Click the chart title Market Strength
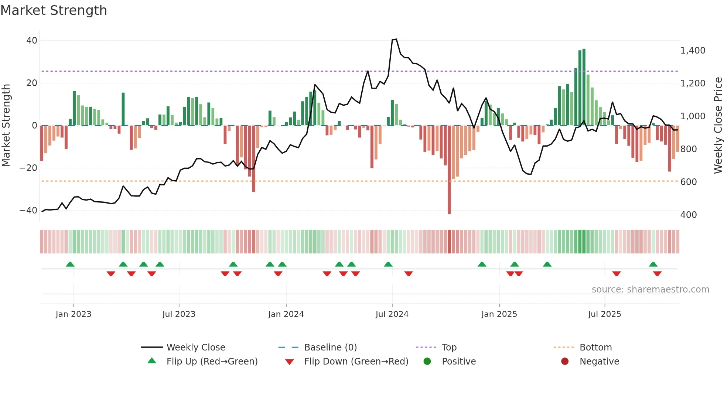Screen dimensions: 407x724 [x=54, y=10]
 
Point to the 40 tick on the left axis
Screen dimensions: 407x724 [x=32, y=41]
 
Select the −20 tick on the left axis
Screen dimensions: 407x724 [x=28, y=168]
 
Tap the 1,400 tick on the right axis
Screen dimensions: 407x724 [x=693, y=51]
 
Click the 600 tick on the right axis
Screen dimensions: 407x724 [x=688, y=182]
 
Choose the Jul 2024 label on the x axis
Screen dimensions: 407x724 [x=392, y=314]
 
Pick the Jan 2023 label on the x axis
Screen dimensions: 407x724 [x=73, y=314]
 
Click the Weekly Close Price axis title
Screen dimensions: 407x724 [x=718, y=126]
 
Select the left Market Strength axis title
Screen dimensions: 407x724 [x=6, y=126]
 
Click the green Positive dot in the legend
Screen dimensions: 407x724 [x=427, y=362]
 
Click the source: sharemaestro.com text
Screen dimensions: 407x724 [x=650, y=290]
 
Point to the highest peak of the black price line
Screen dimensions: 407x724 [x=396, y=39]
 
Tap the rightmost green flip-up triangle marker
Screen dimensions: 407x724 [x=653, y=264]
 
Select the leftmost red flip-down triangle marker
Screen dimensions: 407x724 [x=111, y=274]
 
